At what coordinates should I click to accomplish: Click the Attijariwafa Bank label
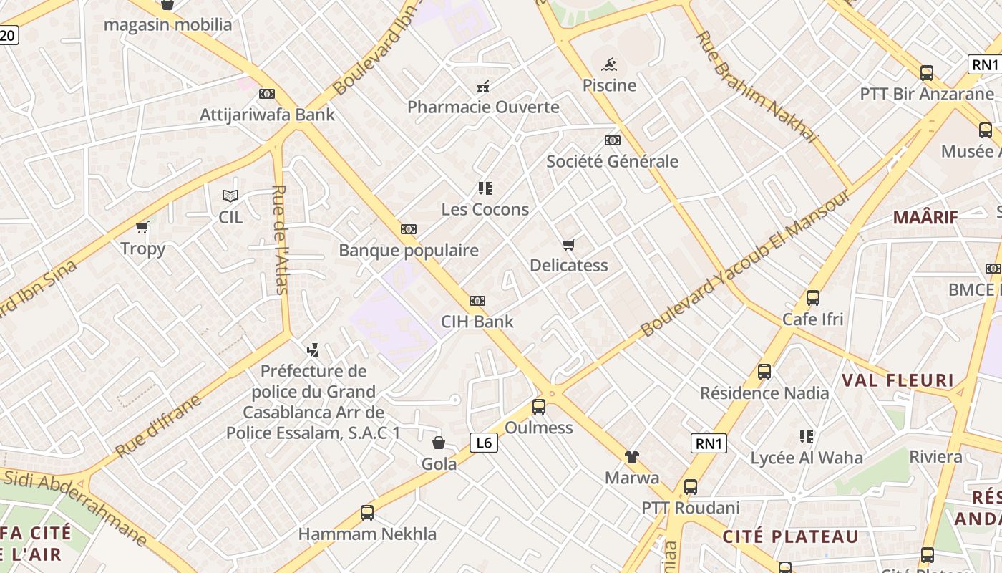(267, 115)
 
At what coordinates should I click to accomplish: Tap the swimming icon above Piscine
(609, 66)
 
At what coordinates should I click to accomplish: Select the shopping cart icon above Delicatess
(569, 245)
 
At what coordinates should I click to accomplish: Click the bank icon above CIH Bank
(477, 301)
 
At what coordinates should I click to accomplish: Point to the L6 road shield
(484, 443)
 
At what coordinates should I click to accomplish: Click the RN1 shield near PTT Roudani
(709, 443)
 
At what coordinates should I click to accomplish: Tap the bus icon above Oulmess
(539, 407)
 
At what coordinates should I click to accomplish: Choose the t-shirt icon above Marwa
(631, 457)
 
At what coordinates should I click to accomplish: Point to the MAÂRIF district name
(925, 217)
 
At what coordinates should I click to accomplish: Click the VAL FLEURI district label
(898, 380)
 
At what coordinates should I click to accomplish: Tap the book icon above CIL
(230, 196)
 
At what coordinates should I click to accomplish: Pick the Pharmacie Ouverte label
(483, 107)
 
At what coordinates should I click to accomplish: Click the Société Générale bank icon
(612, 140)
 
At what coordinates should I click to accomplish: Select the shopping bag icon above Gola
(439, 443)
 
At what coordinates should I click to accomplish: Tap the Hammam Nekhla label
(367, 534)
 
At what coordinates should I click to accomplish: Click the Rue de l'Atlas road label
(280, 240)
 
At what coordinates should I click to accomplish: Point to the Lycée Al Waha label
(807, 458)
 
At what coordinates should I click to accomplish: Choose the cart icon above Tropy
(142, 228)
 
